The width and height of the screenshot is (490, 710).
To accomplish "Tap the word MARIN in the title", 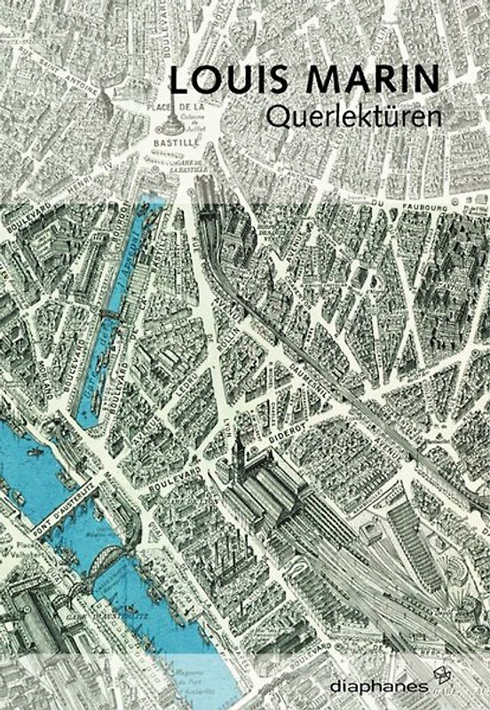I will point(370,81).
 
